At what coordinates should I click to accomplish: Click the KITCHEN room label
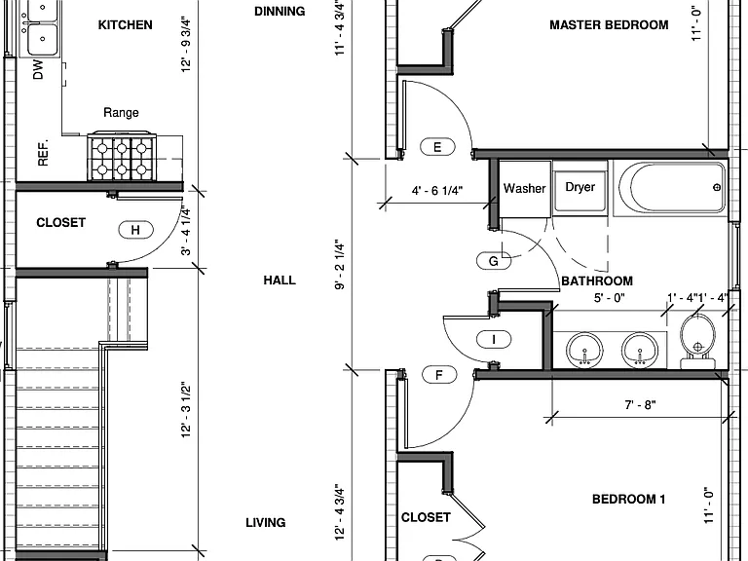pos(125,24)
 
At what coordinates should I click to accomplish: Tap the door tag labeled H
pos(136,230)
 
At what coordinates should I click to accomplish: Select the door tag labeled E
pos(437,147)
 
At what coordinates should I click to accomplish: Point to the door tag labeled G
pos(494,261)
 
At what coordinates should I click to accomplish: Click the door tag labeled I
pos(494,339)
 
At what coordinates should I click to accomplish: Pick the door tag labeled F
pos(439,375)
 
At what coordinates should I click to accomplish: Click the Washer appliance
pos(525,189)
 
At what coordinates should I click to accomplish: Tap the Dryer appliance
pos(580,187)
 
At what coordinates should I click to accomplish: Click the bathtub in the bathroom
pos(670,188)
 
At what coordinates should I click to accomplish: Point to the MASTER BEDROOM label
pos(609,24)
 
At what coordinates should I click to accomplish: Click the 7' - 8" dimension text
pos(640,405)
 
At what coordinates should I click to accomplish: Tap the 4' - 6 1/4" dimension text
pos(437,191)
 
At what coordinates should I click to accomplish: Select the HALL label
pos(280,280)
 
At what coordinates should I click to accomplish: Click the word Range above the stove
pos(121,113)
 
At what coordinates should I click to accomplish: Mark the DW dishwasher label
pos(38,70)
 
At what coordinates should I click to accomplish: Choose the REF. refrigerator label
pos(43,153)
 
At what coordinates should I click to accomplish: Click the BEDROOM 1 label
pos(629,499)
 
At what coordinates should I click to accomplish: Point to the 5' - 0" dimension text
pos(609,298)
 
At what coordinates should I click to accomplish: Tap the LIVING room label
pos(266,523)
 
